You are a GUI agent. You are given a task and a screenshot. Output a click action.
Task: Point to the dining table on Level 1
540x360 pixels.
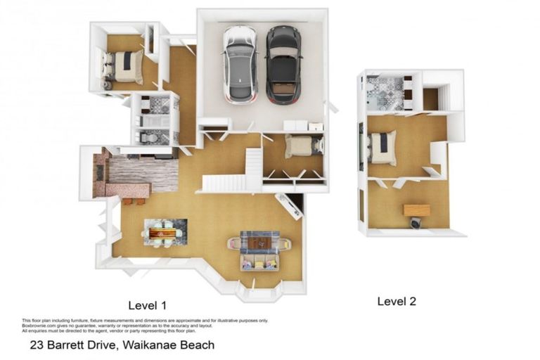pyautogui.click(x=165, y=231)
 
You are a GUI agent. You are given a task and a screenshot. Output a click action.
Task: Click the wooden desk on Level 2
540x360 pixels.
pyautogui.click(x=417, y=210)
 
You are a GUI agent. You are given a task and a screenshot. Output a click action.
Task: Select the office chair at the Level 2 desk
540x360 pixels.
pyautogui.click(x=416, y=224)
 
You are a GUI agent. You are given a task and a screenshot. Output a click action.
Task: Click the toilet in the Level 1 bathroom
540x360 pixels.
pyautogui.click(x=150, y=138)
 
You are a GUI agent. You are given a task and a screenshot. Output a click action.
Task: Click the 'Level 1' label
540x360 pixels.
pyautogui.click(x=147, y=305)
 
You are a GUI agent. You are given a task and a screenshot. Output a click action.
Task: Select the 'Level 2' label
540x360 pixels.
pyautogui.click(x=397, y=301)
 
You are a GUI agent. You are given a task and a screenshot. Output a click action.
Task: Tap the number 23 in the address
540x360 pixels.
pyautogui.click(x=36, y=345)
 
